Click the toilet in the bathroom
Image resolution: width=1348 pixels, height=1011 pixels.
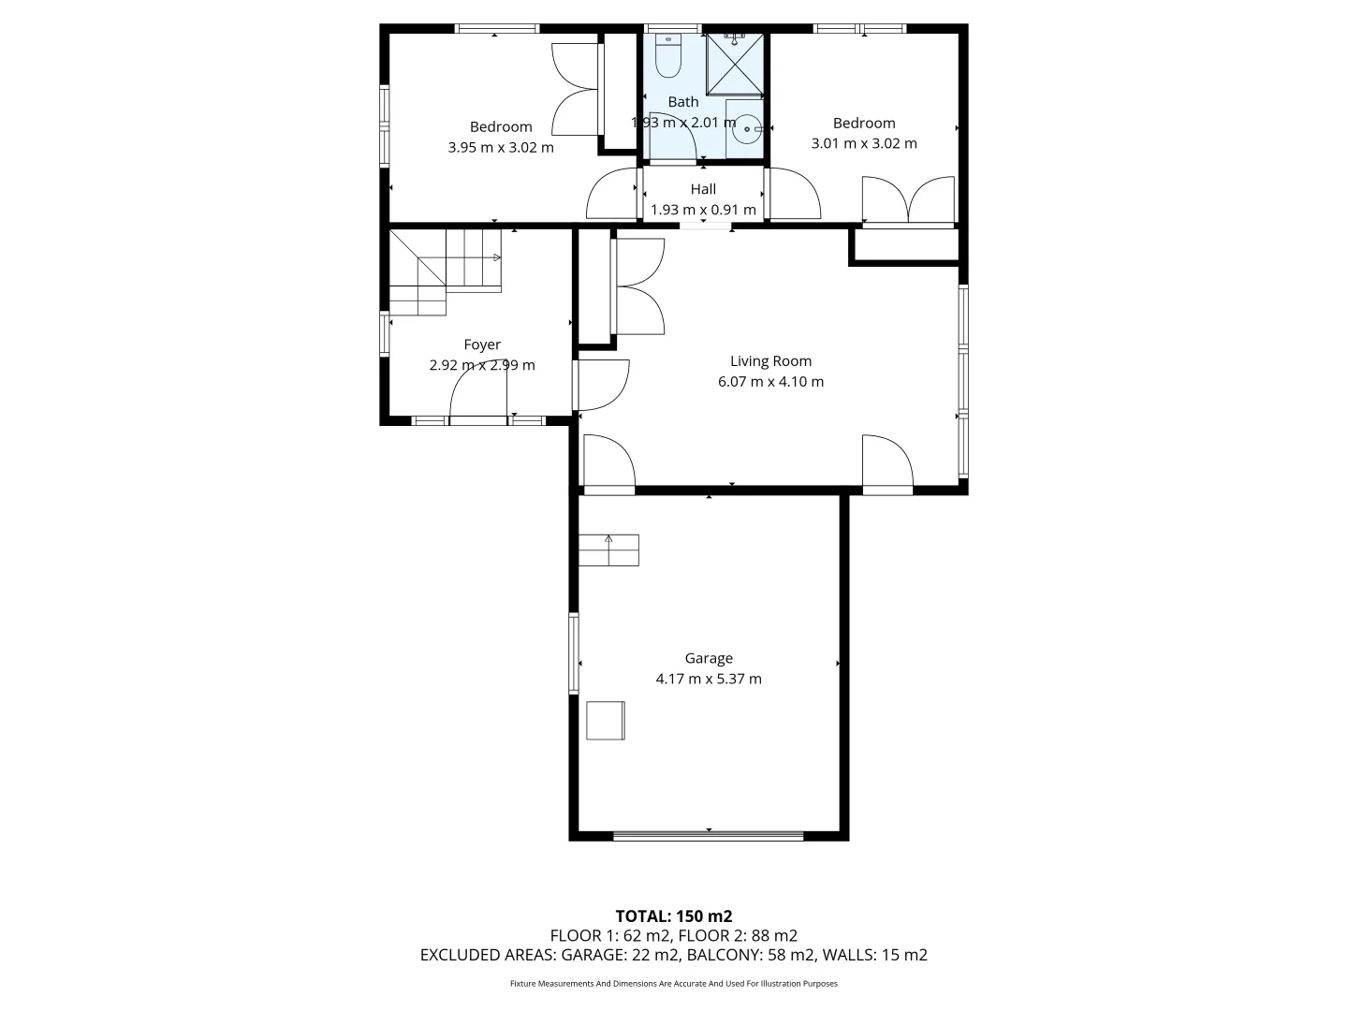667,56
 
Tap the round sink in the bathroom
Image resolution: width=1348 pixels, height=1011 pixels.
747,130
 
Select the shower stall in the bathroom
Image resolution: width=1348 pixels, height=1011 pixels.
734,64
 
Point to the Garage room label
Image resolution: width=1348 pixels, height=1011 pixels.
708,658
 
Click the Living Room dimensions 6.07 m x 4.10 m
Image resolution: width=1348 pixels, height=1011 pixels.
770,382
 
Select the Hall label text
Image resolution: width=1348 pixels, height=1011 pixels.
703,189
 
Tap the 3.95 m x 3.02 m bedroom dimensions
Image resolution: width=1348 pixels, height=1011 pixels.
501,148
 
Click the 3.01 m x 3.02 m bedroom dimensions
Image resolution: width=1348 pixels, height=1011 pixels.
863,144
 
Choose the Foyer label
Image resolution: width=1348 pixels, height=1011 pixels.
482,344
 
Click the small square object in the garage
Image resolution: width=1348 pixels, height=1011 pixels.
606,721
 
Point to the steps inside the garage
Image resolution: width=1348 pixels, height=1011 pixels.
608,549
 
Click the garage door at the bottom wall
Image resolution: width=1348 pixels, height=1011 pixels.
708,835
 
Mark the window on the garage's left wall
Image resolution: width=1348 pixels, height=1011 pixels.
574,653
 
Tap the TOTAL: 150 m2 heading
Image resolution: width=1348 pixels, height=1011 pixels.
673,916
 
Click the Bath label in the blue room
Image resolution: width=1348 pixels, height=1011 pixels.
683,102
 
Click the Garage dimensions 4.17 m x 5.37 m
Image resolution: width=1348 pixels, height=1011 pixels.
708,680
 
